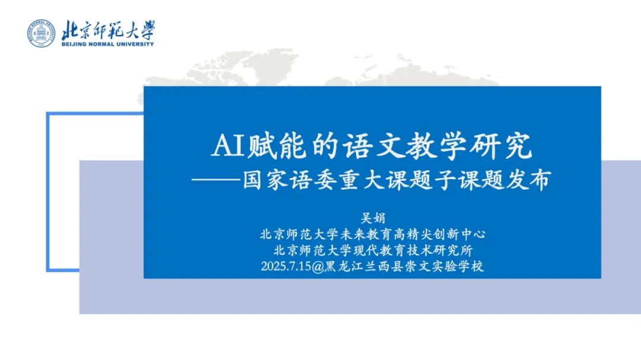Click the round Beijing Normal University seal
tap(41, 33)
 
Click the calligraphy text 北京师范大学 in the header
tap(107, 30)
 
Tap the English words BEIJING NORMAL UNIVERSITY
tap(107, 44)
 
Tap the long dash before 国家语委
tap(219, 179)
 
